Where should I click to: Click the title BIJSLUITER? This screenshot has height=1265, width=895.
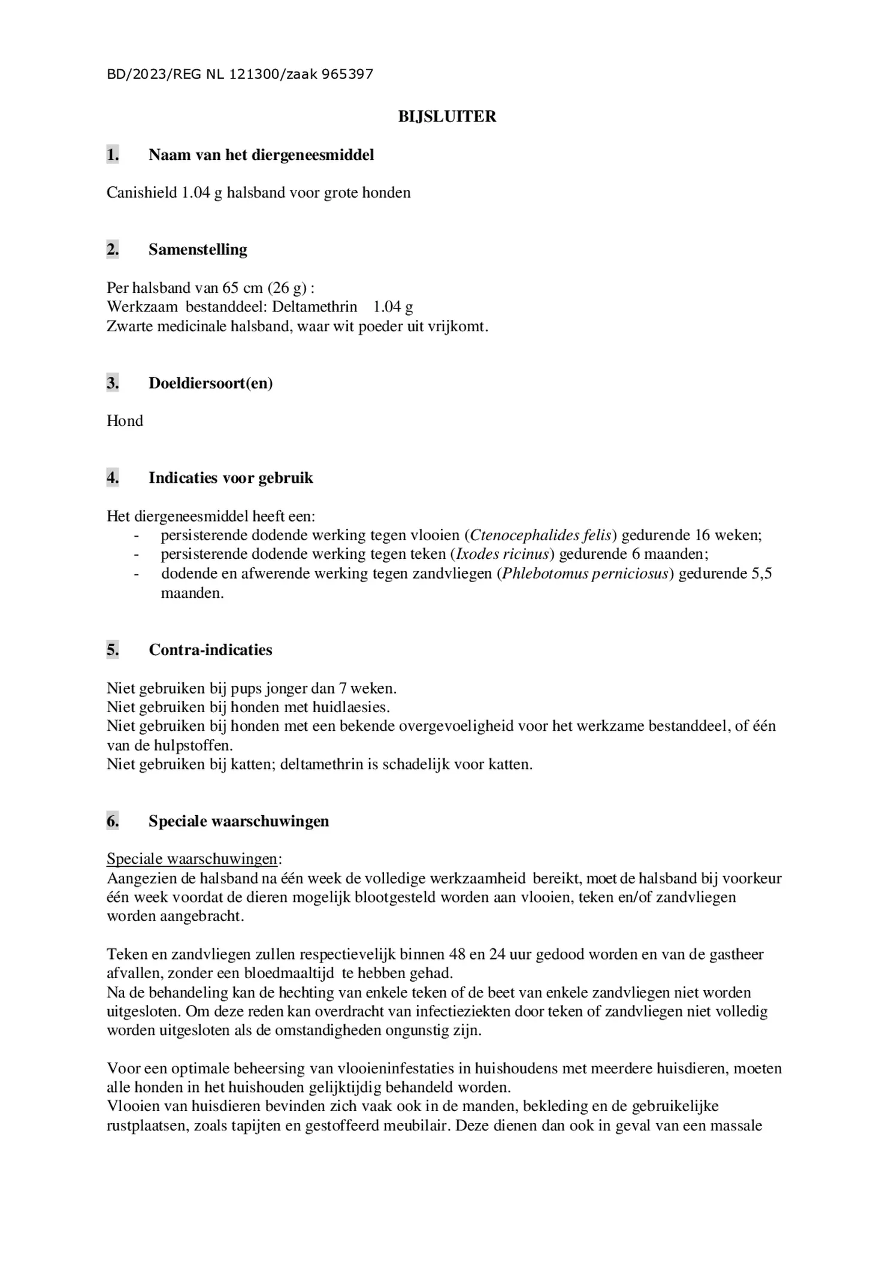447,116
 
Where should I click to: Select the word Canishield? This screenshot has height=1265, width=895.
142,193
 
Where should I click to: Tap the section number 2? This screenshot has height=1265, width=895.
113,249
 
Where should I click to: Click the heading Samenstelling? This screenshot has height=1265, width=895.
198,249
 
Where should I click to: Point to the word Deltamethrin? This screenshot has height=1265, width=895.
315,307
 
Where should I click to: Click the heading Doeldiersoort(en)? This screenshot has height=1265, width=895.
210,383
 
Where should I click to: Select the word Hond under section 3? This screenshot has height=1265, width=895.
125,421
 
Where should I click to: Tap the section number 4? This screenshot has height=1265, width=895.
113,478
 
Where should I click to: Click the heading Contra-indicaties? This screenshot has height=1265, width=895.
210,650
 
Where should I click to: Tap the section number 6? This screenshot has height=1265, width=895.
113,821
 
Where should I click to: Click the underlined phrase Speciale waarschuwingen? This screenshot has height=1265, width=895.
192,859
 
